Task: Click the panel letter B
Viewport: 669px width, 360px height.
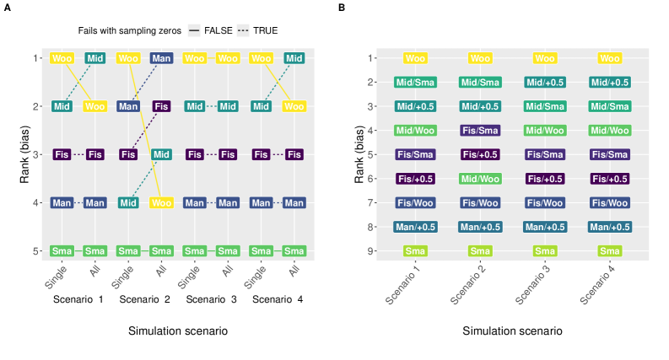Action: (x=342, y=8)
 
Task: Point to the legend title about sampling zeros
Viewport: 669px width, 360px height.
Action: (x=129, y=30)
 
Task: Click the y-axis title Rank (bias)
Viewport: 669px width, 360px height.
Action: (x=25, y=153)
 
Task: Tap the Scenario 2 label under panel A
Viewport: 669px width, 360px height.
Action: (x=145, y=299)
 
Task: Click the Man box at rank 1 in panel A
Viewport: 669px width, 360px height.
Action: (x=161, y=58)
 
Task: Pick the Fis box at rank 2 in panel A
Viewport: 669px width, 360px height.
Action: (x=161, y=106)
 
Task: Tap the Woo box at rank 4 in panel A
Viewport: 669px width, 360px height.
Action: (x=161, y=202)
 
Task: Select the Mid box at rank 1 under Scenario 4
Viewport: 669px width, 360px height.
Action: (x=294, y=58)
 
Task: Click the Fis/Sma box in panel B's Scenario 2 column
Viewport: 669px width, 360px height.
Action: (x=481, y=131)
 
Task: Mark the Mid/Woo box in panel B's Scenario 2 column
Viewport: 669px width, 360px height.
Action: (x=481, y=179)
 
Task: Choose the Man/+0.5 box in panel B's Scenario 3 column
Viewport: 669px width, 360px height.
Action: (x=546, y=227)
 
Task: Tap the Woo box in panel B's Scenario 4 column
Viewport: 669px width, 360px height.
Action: (x=611, y=58)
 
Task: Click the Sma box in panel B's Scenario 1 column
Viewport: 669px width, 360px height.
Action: (x=415, y=251)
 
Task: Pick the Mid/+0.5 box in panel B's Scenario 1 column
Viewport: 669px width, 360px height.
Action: (x=415, y=106)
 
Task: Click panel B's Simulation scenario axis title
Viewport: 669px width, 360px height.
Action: (x=513, y=331)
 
